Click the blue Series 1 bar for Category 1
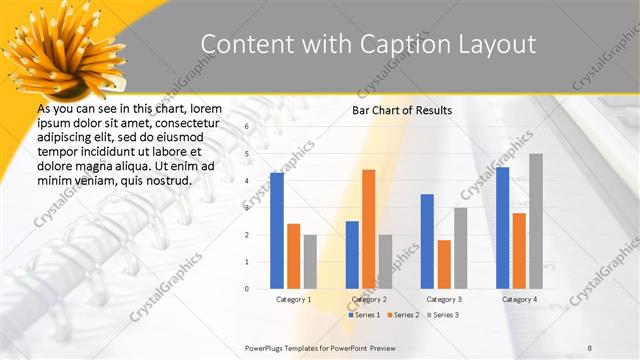click(276, 230)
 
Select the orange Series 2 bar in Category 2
click(368, 229)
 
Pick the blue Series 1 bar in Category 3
click(427, 241)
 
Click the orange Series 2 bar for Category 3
click(444, 264)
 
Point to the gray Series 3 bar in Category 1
click(310, 261)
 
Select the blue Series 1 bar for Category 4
click(502, 227)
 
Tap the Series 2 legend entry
click(403, 315)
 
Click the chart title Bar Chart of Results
click(402, 110)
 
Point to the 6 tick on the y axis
click(246, 127)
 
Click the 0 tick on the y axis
click(246, 288)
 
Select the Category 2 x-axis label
click(368, 299)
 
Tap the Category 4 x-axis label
click(518, 299)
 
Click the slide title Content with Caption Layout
click(368, 44)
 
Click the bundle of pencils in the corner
click(56, 45)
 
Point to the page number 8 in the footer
click(590, 347)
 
